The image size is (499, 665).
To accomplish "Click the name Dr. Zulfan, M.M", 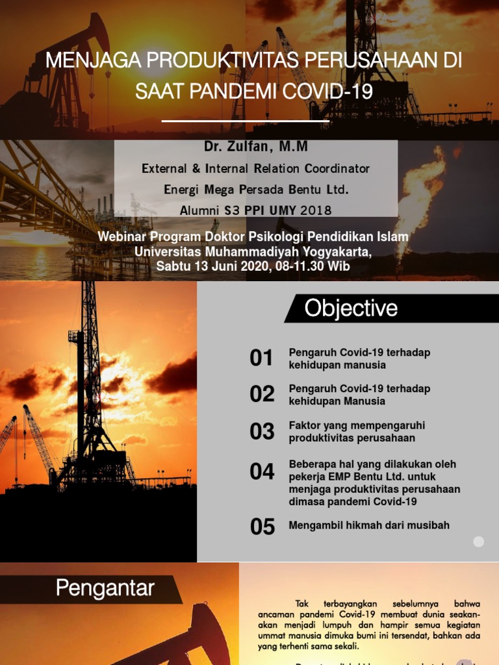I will (x=256, y=147).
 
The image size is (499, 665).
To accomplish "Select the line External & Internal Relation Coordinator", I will (x=256, y=169).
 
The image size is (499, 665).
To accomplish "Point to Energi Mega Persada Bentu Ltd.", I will (x=256, y=190).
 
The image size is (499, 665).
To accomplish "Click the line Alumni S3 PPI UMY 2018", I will (x=256, y=210).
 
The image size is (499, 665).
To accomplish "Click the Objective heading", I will (x=351, y=308).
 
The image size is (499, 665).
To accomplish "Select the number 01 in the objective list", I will (x=262, y=358).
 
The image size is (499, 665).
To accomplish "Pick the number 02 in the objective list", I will (x=262, y=394).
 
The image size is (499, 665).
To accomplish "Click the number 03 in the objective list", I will (x=262, y=431).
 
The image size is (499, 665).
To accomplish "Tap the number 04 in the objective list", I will (x=262, y=472).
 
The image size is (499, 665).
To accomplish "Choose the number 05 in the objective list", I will (x=262, y=527).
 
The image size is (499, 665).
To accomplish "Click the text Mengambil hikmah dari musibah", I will (x=369, y=525).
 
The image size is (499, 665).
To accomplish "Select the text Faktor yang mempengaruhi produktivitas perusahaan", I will (x=357, y=432).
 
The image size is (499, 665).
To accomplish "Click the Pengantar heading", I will (x=105, y=588).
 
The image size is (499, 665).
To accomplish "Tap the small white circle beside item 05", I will (x=479, y=542).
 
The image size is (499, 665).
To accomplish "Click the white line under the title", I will (x=245, y=121).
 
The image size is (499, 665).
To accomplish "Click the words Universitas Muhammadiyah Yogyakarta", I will (x=253, y=252).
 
